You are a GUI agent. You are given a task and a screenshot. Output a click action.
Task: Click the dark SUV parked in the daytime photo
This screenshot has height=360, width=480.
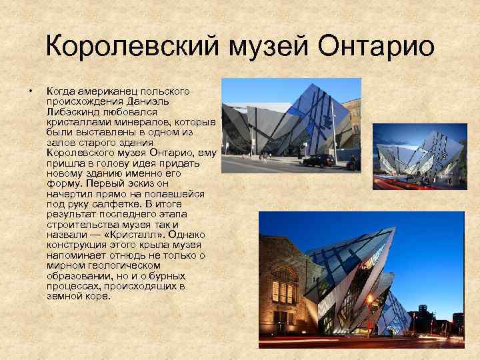[x=318, y=160]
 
